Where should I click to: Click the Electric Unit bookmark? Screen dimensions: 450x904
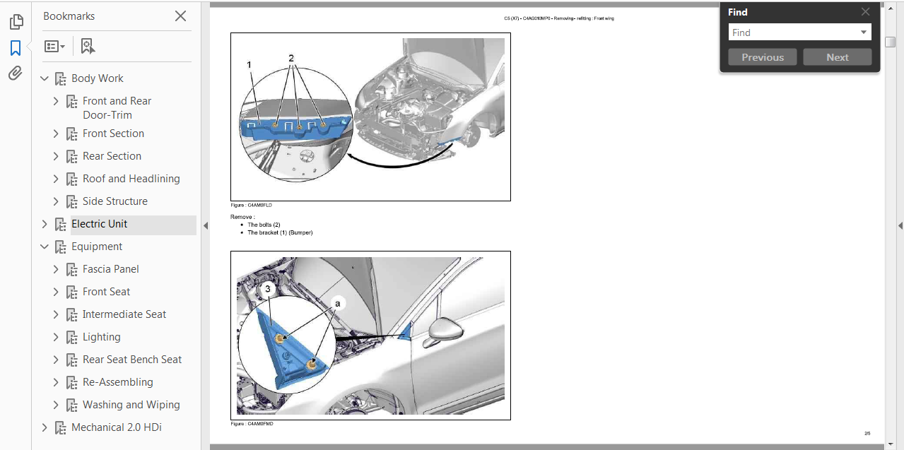pos(99,224)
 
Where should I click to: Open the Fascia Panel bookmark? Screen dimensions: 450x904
pos(110,269)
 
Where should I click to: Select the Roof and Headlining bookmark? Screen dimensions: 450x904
pos(131,179)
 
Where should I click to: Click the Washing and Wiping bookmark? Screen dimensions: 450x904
pos(131,405)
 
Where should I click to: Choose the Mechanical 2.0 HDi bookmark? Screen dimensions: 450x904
pos(116,427)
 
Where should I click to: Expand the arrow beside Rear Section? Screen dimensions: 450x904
pos(56,156)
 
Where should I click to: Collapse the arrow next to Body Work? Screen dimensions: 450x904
pos(45,78)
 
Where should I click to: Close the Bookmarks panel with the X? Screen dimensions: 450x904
pos(180,16)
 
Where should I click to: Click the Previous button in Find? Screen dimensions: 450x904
pos(762,57)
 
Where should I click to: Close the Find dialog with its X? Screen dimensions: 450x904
pos(865,12)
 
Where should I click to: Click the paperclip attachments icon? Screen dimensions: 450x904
pos(16,73)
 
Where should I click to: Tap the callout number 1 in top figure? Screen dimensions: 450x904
pos(250,65)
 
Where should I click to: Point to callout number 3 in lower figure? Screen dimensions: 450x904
pos(267,289)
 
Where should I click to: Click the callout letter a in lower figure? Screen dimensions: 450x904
pos(337,303)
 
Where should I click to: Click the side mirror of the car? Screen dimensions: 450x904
pos(444,331)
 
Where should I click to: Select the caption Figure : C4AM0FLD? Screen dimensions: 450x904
pos(251,205)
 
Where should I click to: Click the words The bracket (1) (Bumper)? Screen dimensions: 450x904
pos(279,232)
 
